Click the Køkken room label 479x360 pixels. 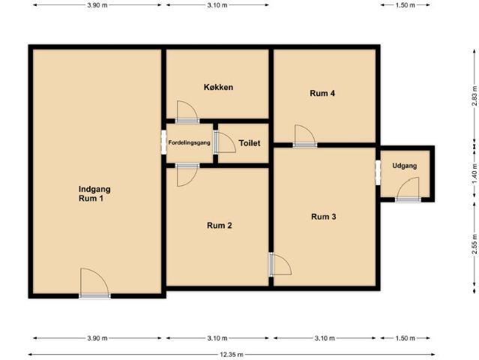click(218, 87)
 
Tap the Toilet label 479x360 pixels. click(250, 143)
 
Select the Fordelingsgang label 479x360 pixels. click(189, 142)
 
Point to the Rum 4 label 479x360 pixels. click(322, 93)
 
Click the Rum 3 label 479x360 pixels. click(324, 217)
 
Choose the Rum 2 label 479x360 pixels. click(220, 226)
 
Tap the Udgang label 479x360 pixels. click(405, 166)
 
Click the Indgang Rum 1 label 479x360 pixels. click(94, 193)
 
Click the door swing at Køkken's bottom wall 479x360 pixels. click(187, 112)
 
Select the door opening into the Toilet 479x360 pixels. click(225, 142)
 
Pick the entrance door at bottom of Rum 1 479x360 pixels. click(94, 283)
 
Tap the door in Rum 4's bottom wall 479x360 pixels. click(305, 136)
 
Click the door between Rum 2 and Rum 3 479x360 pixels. click(280, 264)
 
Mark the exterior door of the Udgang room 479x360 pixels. click(408, 190)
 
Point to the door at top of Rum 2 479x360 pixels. click(187, 175)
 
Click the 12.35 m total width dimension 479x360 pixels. click(232, 355)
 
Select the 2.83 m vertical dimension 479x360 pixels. click(474, 96)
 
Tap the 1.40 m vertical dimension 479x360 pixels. click(474, 174)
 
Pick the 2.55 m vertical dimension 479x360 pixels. click(474, 244)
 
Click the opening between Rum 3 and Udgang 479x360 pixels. click(378, 172)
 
